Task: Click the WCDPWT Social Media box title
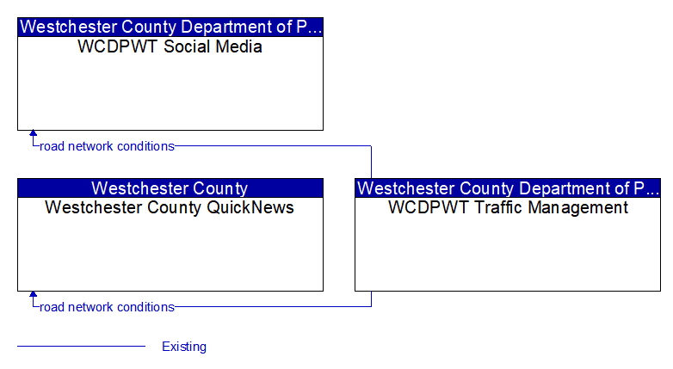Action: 170,46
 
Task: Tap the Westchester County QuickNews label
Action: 170,207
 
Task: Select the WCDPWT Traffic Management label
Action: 508,207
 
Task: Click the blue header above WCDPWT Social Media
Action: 170,27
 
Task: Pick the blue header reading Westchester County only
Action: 170,188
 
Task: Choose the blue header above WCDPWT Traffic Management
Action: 508,188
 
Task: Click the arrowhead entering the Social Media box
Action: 33,133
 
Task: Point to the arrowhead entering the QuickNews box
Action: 33,294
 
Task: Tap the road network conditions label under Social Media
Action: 107,146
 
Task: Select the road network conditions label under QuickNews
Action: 107,307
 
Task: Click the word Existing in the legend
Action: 184,347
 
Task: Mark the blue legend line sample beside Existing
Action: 82,346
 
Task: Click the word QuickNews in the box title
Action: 250,207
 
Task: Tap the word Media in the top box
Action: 238,46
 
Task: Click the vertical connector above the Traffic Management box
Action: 371,163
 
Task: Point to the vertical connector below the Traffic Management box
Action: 371,299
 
